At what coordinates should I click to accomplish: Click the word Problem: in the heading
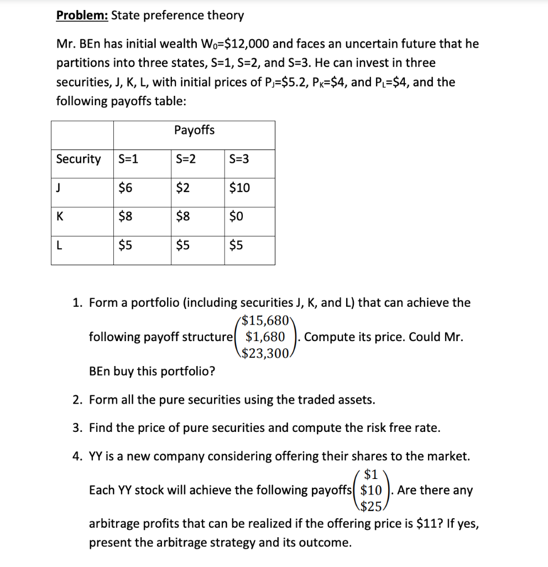point(82,15)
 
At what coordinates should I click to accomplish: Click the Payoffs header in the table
point(194,130)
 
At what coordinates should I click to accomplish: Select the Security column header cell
point(79,159)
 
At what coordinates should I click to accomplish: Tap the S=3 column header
point(239,159)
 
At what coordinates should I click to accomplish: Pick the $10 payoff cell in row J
point(239,188)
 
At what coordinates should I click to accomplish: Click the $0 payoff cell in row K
point(236,217)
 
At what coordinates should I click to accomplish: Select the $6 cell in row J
point(125,188)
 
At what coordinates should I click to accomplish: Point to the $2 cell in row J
point(182,188)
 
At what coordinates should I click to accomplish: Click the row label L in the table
point(60,246)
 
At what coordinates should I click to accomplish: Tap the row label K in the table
point(60,217)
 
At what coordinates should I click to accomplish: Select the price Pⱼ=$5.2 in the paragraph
point(299,83)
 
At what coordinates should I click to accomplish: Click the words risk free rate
point(391,428)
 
